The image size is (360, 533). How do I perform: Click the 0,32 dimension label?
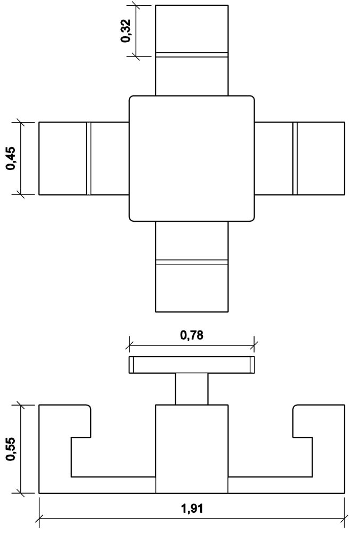(125, 31)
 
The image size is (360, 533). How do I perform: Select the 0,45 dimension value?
(11, 158)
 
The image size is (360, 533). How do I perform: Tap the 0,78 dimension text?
(192, 335)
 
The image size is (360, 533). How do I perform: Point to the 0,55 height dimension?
(11, 449)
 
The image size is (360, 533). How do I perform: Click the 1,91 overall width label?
(192, 509)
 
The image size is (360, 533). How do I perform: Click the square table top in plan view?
(192, 158)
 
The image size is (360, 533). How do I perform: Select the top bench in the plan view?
(192, 50)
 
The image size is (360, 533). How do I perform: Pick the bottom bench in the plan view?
(192, 266)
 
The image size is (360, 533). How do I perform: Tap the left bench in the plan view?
(84, 158)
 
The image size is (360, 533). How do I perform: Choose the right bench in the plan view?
(299, 158)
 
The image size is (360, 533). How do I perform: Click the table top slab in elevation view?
(192, 365)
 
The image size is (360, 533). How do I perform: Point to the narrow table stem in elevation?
(192, 389)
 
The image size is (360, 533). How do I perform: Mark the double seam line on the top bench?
(192, 54)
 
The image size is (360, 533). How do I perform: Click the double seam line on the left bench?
(88, 158)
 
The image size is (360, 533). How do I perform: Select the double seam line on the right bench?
(295, 158)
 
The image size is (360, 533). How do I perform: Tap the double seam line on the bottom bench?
(192, 262)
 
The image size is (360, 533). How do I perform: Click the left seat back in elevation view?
(64, 421)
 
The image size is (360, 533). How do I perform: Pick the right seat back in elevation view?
(319, 421)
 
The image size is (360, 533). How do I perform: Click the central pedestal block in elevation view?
(192, 449)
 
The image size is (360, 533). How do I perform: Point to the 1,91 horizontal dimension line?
(192, 519)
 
